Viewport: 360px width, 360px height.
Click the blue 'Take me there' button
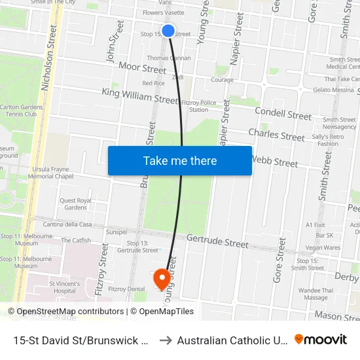coord(180,161)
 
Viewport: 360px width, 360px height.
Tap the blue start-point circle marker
coord(168,31)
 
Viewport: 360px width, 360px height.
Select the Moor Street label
coord(142,69)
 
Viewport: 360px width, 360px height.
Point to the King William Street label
coord(140,97)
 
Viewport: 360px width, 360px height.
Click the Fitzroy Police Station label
coord(198,105)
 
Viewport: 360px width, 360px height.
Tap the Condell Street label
coord(283,114)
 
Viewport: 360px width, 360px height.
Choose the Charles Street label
coord(276,135)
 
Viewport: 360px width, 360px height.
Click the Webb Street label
coord(274,161)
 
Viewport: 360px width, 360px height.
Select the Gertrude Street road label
coord(217,242)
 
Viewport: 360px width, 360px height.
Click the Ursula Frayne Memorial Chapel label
coord(50,172)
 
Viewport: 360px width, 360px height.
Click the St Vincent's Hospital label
coord(64,287)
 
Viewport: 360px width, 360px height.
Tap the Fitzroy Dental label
coord(126,289)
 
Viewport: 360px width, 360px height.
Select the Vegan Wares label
coord(323,247)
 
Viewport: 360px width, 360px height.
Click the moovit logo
coord(321,340)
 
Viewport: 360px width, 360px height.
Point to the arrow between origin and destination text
coord(166,340)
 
